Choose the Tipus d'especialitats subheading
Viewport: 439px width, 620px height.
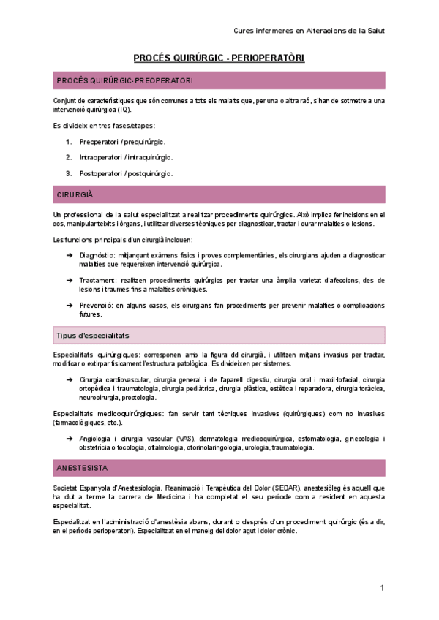[x=93, y=335]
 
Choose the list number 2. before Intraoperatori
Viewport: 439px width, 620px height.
[x=68, y=157]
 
